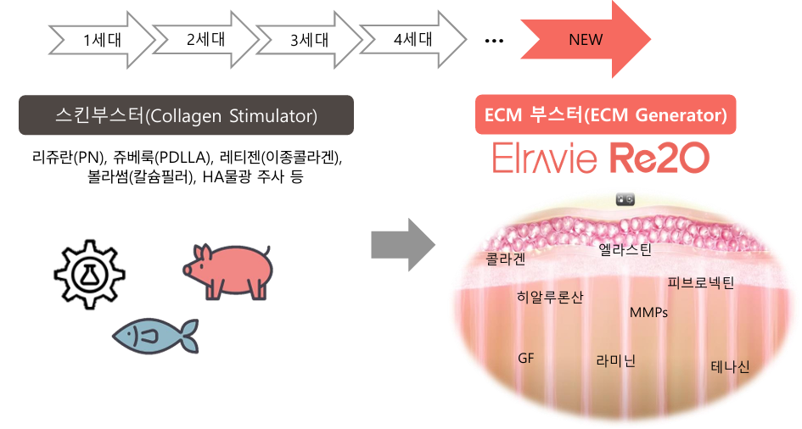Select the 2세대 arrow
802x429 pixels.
(205, 40)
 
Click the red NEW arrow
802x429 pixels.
(586, 40)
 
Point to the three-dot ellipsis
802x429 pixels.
(494, 40)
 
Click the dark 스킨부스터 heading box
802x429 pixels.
(186, 115)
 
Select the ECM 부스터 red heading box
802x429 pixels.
(604, 115)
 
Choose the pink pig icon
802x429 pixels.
(227, 270)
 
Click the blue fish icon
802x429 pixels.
(155, 335)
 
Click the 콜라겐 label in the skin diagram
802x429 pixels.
(506, 259)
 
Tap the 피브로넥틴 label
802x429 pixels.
(700, 282)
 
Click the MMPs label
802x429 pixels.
(648, 312)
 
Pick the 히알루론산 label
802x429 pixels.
(549, 297)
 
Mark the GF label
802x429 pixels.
(526, 358)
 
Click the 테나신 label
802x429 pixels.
(730, 366)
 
